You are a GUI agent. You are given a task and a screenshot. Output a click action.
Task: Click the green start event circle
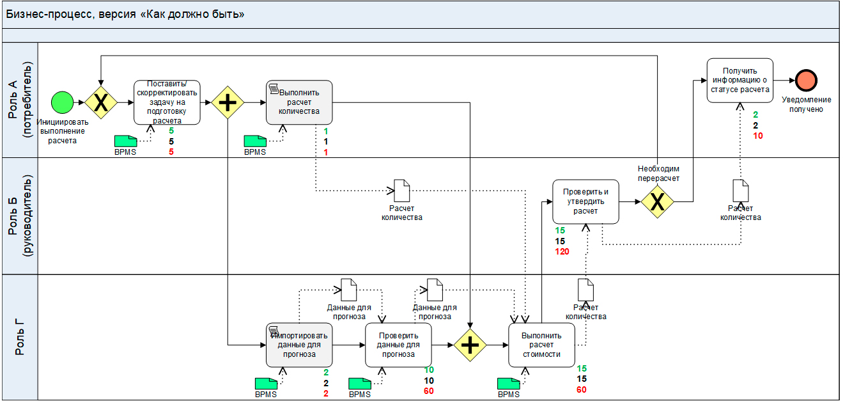tap(63, 102)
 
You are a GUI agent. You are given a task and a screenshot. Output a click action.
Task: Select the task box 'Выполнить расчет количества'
tap(299, 102)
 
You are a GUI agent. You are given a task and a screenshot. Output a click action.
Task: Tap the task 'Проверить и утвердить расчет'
tap(585, 201)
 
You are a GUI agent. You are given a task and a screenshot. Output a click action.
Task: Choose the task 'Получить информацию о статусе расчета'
tap(740, 80)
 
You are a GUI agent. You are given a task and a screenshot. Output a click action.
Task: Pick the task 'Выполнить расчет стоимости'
tap(541, 345)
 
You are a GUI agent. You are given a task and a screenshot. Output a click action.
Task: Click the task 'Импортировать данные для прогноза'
tap(299, 345)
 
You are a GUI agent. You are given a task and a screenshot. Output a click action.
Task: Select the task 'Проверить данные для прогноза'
tap(398, 345)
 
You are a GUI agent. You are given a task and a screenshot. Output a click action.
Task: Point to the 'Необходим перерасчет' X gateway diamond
tap(658, 201)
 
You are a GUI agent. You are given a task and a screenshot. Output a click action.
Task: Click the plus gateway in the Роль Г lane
tap(470, 345)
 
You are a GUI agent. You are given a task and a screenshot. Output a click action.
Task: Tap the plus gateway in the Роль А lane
tap(228, 102)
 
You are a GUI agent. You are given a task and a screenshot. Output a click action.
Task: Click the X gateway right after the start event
tap(101, 102)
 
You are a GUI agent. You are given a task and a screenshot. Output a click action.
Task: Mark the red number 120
tap(562, 251)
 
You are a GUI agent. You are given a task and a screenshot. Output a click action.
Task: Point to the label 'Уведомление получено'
tap(806, 104)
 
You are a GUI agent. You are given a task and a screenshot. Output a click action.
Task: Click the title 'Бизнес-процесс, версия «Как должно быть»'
tap(125, 14)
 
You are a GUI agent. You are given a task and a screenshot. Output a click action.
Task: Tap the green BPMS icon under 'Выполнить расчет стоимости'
tap(509, 383)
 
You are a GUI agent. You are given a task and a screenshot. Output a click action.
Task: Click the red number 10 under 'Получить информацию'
tap(757, 136)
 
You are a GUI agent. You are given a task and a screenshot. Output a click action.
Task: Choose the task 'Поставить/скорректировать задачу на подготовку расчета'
tap(167, 102)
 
